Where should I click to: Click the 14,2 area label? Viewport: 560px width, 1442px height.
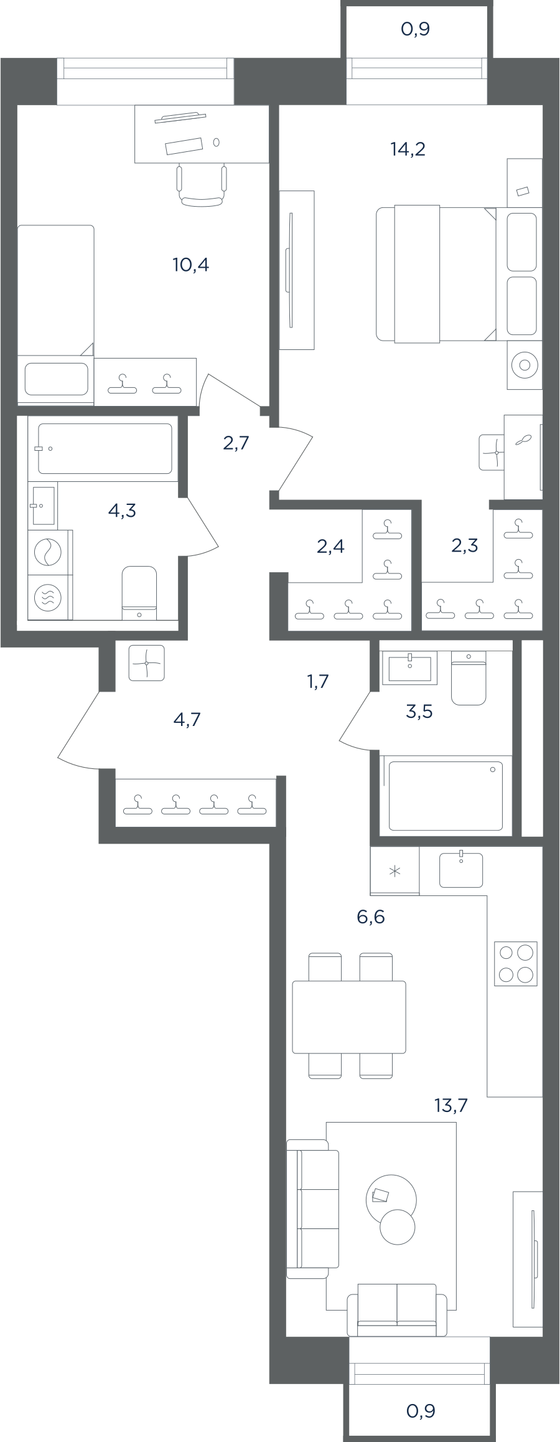408,149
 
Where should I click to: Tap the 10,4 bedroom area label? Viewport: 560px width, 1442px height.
190,265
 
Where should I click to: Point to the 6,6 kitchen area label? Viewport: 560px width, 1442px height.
371,917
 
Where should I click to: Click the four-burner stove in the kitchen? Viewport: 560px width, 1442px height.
516,964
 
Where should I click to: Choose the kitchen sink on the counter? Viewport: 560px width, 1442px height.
461,869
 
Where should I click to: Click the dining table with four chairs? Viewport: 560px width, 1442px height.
349,1016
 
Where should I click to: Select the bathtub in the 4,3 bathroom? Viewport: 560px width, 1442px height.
105,449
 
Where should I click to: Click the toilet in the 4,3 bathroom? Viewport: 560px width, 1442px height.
139,593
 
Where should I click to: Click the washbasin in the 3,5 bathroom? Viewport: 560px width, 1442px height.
409,669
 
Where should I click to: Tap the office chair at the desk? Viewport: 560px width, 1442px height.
202,184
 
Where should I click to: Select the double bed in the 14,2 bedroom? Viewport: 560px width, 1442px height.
436,274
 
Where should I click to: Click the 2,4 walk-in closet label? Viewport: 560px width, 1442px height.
330,547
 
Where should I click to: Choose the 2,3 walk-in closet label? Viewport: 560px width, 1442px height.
464,546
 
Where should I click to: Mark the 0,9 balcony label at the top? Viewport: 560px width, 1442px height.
416,29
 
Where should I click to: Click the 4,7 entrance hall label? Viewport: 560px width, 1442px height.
187,720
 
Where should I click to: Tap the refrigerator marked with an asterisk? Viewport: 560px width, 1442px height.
394,870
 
